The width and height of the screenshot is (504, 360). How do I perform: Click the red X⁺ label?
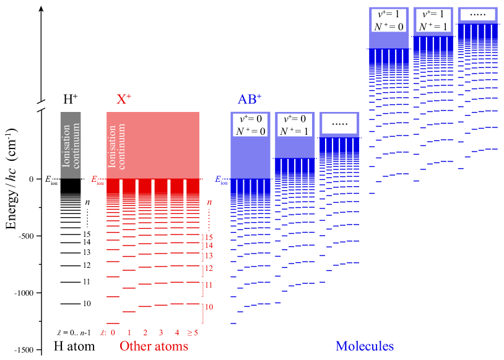pyautogui.click(x=124, y=100)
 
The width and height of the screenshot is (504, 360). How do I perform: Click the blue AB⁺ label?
pyautogui.click(x=250, y=100)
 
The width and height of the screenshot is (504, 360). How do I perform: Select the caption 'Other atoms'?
pyautogui.click(x=154, y=346)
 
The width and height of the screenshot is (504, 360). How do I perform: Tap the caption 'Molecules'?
pyautogui.click(x=365, y=346)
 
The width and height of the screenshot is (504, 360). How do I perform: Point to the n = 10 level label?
pyautogui.click(x=209, y=307)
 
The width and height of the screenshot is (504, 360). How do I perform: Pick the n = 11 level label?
pyautogui.click(x=209, y=285)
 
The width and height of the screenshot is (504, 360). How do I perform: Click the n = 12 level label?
pyautogui.click(x=209, y=268)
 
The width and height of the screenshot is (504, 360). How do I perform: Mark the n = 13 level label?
pyautogui.click(x=209, y=255)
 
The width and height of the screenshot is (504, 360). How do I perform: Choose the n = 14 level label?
pyautogui.click(x=209, y=246)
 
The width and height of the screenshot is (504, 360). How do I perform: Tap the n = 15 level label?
pyautogui.click(x=209, y=237)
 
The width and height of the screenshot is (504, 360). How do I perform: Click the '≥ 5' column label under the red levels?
pyautogui.click(x=193, y=333)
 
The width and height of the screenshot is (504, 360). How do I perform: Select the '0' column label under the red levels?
pyautogui.click(x=113, y=333)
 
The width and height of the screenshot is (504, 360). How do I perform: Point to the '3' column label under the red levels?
pyautogui.click(x=161, y=333)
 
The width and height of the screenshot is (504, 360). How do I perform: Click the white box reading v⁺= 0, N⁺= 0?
pyautogui.click(x=250, y=124)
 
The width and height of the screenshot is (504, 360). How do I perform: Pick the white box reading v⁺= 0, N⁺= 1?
pyautogui.click(x=295, y=124)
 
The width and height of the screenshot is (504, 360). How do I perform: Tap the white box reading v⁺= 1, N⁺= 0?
pyautogui.click(x=388, y=20)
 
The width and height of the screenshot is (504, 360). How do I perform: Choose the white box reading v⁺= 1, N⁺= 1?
pyautogui.click(x=433, y=20)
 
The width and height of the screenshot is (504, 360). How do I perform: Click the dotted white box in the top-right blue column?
pyautogui.click(x=477, y=15)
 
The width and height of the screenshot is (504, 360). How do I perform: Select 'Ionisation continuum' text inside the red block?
pyautogui.click(x=117, y=147)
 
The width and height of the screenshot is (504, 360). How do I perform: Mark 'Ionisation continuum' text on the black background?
pyautogui.click(x=71, y=146)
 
